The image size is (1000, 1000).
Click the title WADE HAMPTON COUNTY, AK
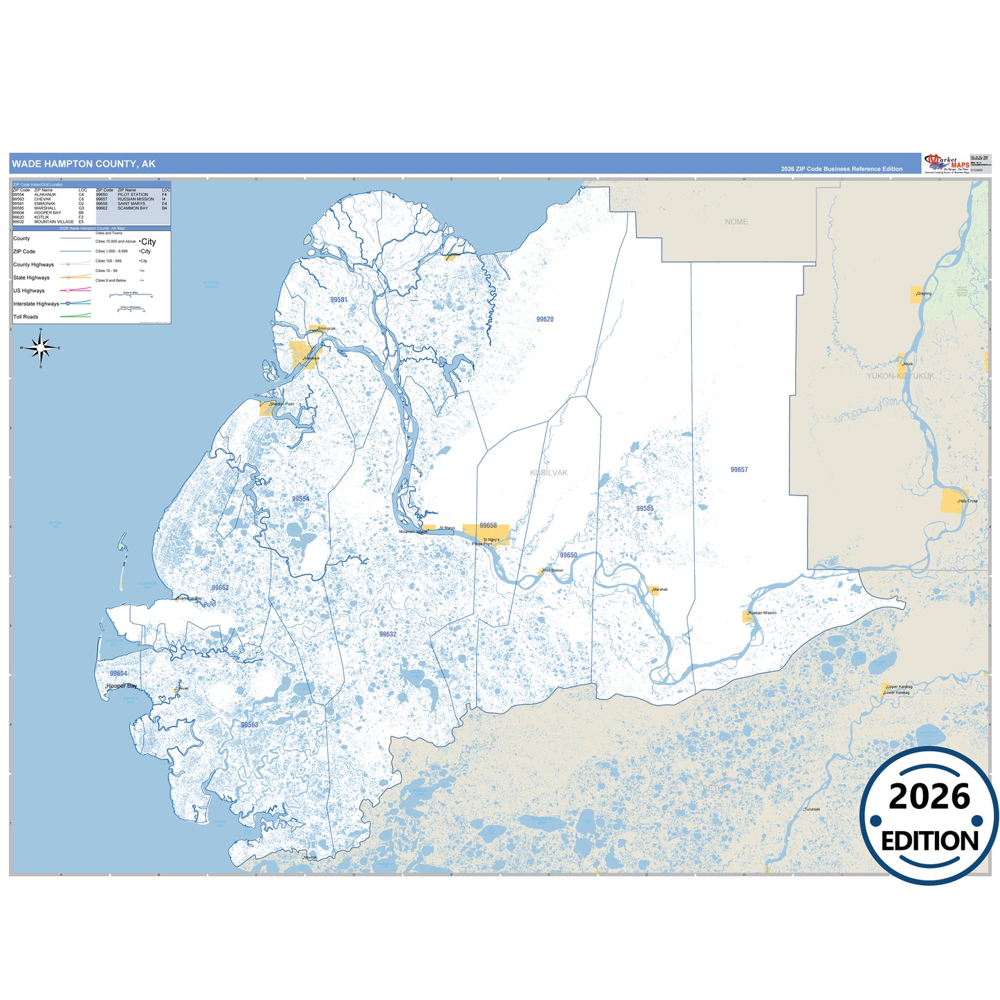coord(84,164)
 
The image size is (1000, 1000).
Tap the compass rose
coord(41,347)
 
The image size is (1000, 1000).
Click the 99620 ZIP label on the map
coord(545,320)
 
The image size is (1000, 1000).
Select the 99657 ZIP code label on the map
coord(739,470)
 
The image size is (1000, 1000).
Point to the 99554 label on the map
coord(300,499)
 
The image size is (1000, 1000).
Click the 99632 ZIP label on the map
coord(388,634)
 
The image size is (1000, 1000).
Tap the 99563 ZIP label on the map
coord(249,725)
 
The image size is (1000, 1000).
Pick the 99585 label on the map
coord(645,509)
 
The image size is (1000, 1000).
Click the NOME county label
coord(736,222)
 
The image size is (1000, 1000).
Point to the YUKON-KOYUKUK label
coord(900,376)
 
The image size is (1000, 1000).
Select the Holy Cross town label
coord(967,501)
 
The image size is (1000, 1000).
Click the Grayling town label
coord(924,293)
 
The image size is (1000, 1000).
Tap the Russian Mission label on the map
coord(763,612)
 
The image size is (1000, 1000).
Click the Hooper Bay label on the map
coord(122,686)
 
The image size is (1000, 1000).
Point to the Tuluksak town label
coord(812,809)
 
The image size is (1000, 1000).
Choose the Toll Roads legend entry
coord(26,317)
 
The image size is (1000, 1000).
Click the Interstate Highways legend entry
coord(36,304)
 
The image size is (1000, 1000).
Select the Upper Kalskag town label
coord(900,687)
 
